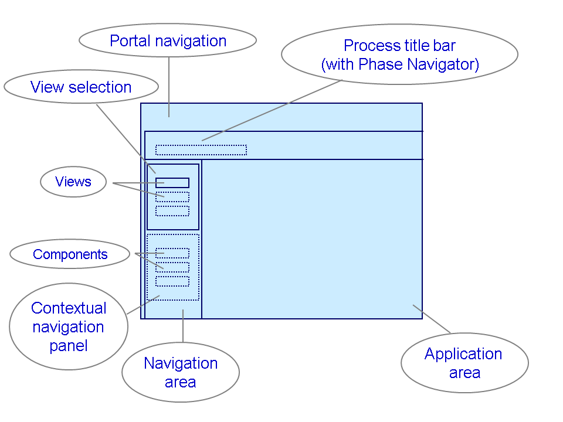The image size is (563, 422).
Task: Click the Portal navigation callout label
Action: click(x=168, y=41)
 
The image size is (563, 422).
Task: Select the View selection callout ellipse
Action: click(x=81, y=87)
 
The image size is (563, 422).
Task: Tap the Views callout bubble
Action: click(x=73, y=182)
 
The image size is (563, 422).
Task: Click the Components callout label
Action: click(x=70, y=254)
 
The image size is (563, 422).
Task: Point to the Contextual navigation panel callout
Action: click(x=69, y=326)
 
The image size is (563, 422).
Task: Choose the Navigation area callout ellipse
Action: click(x=181, y=373)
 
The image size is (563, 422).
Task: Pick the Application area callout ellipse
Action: click(x=464, y=363)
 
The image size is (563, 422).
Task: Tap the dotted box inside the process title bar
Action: click(x=201, y=150)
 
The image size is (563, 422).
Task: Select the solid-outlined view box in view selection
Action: click(x=172, y=183)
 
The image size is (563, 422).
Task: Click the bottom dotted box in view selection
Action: click(x=172, y=211)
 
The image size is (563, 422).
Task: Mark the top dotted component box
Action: click(x=172, y=253)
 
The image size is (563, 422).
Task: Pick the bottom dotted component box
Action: click(x=172, y=281)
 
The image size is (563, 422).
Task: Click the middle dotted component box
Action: click(x=172, y=267)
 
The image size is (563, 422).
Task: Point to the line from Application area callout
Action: click(x=432, y=319)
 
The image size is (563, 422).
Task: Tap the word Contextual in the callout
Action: click(x=69, y=308)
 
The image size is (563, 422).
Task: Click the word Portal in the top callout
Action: click(x=129, y=41)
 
